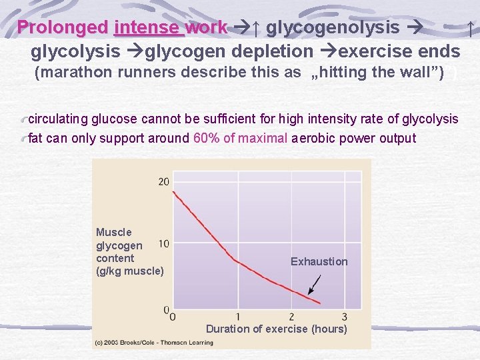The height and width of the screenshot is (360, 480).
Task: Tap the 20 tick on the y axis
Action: coord(164,182)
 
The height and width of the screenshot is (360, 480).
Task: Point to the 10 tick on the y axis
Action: coord(164,244)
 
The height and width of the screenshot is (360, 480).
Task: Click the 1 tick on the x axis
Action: coord(238,316)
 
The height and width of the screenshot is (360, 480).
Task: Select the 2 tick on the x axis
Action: coord(291,316)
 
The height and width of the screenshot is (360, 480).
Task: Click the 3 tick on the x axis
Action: coord(344,316)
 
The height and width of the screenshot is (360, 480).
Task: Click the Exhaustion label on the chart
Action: coord(319,262)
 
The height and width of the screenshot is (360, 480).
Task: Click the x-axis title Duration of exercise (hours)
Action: coord(276,329)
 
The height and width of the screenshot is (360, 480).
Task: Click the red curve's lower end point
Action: coord(319,303)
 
